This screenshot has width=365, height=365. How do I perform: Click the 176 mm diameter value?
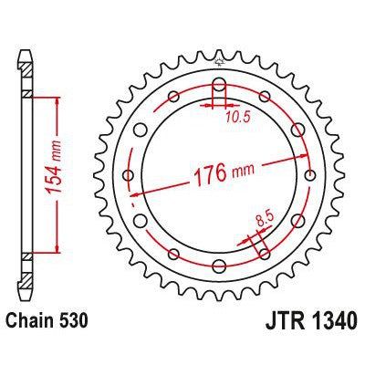[219, 170]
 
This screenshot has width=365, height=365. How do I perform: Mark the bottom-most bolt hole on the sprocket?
[220, 265]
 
